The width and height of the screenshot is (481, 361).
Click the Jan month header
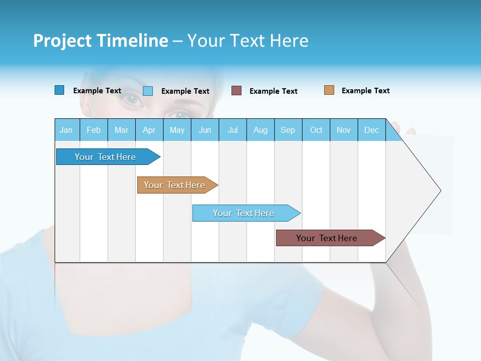66,130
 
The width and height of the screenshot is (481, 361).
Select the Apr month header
149,130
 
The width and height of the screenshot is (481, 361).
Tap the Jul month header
232,130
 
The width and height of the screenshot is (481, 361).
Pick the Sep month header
288,130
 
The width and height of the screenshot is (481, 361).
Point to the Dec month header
371,130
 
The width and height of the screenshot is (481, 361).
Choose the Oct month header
316,130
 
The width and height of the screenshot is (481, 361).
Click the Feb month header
94,130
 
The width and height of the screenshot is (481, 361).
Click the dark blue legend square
59,90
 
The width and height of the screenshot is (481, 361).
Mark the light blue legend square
148,91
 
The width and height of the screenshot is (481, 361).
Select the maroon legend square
236,91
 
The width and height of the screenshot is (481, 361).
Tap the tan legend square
329,90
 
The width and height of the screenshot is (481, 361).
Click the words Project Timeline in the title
100,41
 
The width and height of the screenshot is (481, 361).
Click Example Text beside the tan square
365,91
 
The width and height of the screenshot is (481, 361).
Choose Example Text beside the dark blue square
97,91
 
